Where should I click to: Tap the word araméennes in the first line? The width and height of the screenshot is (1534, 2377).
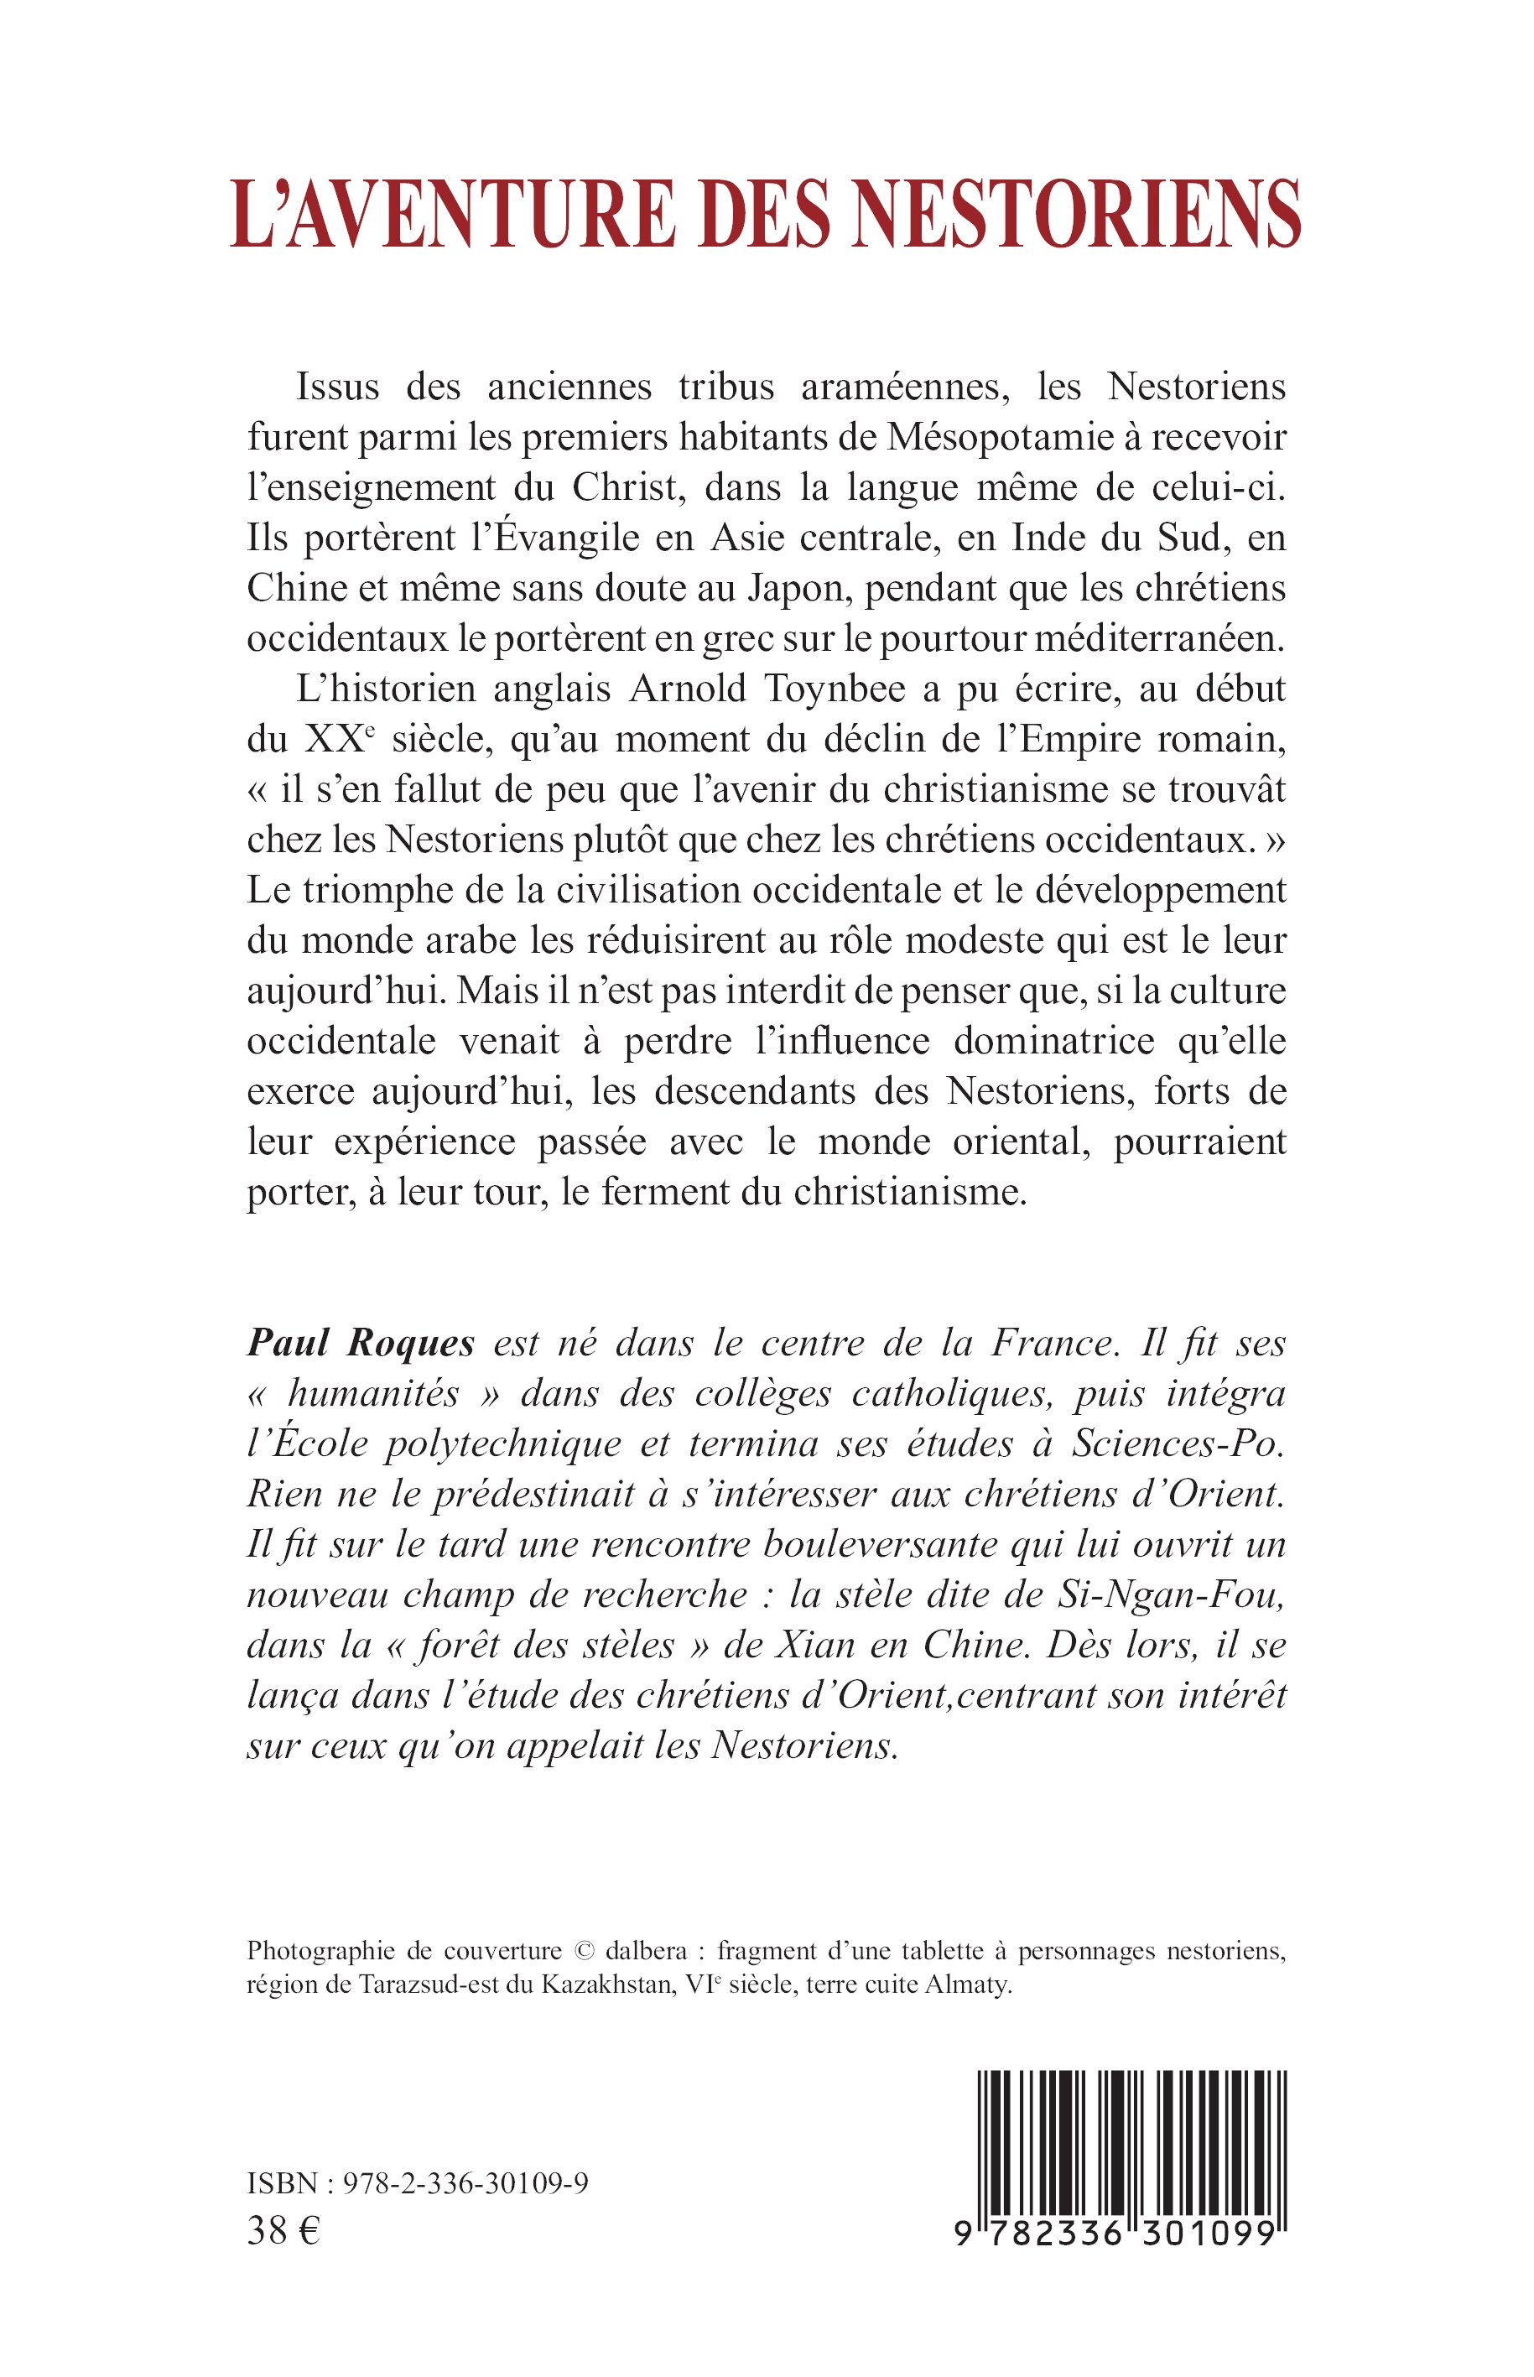pyautogui.click(x=907, y=387)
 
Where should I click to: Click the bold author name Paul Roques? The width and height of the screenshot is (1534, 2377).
pyautogui.click(x=361, y=1344)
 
